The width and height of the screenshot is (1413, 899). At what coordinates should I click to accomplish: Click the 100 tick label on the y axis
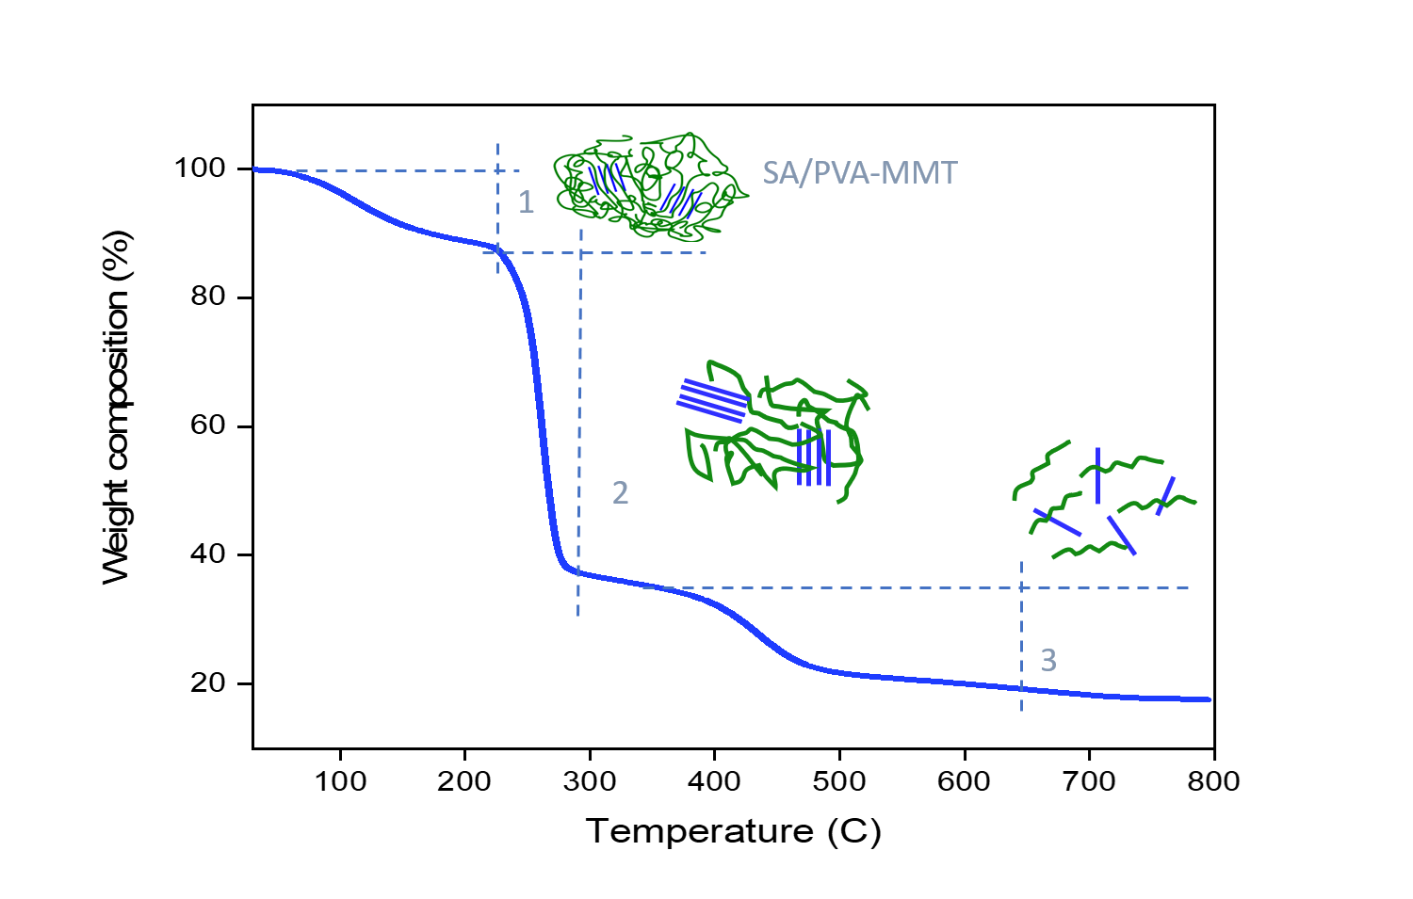(200, 169)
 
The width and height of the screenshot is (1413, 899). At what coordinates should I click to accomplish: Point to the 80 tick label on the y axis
(207, 297)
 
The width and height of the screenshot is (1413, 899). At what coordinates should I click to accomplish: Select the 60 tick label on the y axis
(207, 425)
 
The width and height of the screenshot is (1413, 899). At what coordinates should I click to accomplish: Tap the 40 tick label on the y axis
(207, 554)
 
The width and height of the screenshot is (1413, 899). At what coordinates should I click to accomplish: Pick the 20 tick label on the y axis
(207, 683)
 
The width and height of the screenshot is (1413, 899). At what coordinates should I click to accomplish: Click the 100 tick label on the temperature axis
(340, 781)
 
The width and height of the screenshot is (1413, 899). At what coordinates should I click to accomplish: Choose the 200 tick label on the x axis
(464, 781)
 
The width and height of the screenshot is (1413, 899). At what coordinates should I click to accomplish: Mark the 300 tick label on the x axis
(590, 781)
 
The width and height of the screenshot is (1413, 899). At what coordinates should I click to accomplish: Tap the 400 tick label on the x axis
(714, 781)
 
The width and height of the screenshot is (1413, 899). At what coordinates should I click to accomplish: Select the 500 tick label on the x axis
(839, 781)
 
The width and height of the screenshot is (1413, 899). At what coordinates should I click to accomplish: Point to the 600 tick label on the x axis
(964, 781)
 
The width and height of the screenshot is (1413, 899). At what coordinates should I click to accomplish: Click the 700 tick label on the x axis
(1089, 781)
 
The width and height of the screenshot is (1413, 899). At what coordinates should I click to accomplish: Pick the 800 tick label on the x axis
(1213, 781)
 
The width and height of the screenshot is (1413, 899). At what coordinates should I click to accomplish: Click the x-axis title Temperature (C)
(733, 831)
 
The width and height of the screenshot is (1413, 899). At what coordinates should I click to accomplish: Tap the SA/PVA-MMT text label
(859, 173)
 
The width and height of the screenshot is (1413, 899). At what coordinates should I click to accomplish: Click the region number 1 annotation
(526, 202)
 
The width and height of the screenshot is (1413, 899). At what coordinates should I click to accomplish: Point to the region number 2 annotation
(620, 493)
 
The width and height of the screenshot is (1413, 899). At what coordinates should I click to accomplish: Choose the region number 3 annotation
(1048, 661)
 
